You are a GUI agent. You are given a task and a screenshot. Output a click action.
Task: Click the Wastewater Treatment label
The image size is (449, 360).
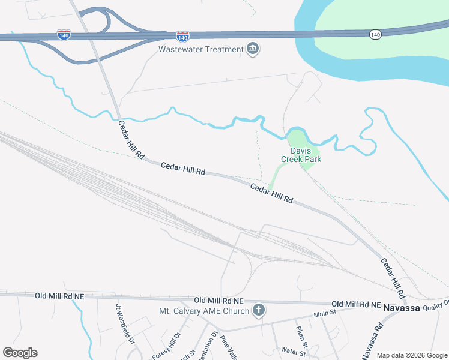coord(200,49)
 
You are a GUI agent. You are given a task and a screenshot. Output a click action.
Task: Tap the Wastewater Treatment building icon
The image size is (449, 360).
coord(253,49)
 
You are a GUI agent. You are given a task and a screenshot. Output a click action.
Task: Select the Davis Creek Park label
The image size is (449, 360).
coord(301,155)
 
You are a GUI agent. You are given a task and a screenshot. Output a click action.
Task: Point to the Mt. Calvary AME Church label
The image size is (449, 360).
coord(203,311)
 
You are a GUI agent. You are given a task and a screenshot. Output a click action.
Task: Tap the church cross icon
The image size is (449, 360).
coord(259,310)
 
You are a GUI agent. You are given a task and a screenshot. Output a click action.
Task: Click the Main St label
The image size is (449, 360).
coord(324,313)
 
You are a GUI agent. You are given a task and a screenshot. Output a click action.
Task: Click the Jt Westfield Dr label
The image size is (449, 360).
coord(125,323)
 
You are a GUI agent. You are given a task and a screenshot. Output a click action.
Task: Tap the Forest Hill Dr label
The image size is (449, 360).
coord(166,346)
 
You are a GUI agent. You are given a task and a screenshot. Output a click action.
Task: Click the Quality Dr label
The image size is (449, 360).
coord(435,304)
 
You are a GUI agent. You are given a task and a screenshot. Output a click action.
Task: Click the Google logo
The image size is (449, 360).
coord(20,353)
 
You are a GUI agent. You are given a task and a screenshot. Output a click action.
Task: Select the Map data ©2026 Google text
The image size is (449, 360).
coord(412,355)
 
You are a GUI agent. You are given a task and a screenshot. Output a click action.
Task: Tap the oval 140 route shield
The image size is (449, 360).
coord(375,35)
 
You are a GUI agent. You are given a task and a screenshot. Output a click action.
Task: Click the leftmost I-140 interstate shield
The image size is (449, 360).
coord(64,35)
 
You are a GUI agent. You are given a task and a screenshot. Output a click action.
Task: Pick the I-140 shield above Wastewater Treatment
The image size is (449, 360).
coord(183,37)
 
